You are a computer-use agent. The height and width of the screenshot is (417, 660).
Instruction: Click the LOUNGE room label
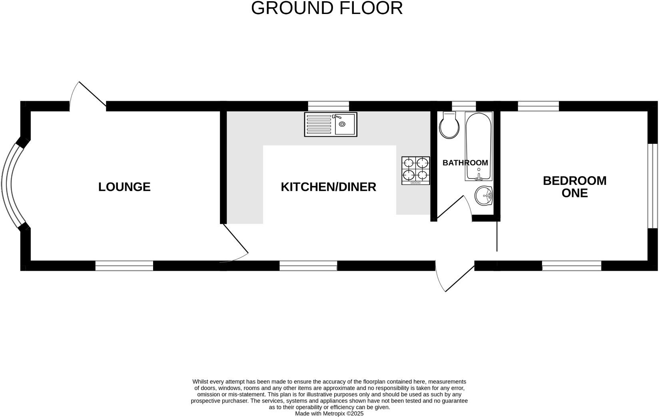coord(124,187)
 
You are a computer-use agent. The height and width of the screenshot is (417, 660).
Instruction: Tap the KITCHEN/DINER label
coord(328,187)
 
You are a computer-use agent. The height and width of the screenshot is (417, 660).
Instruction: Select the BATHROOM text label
coord(465,163)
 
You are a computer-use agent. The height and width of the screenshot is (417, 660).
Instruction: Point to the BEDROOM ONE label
coord(574,187)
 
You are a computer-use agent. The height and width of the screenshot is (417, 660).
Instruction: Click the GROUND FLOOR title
coord(327,8)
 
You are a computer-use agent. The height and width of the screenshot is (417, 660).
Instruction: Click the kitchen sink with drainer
coord(331,124)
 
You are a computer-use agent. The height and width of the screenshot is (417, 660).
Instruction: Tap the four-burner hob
coord(416,171)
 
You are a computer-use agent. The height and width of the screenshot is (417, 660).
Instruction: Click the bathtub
coord(479,147)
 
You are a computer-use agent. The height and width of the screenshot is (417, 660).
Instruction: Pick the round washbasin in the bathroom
coord(484,196)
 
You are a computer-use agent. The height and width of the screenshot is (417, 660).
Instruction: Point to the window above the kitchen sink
coord(329,106)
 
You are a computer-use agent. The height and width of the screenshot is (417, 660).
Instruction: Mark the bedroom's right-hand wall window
coord(652,186)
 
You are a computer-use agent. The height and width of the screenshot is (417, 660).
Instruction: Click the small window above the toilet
coord(464,106)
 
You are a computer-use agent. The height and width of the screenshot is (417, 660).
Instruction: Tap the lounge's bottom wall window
coord(124,266)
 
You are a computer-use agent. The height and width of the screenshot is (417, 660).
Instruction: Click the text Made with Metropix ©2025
coord(329,414)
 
